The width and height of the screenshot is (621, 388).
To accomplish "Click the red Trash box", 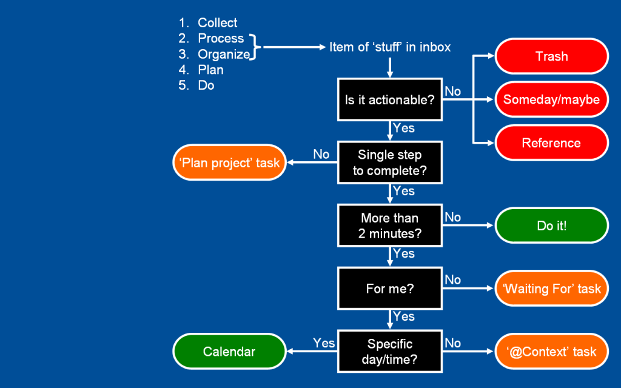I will [x=551, y=56].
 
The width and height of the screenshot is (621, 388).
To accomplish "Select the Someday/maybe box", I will [x=551, y=99].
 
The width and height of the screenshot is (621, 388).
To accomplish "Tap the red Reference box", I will [x=551, y=143].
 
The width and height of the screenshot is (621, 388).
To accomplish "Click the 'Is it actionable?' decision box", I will [x=390, y=99].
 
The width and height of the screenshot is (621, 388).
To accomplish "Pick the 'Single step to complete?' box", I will [x=390, y=162].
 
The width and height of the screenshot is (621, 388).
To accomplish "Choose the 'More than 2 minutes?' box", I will [x=390, y=226].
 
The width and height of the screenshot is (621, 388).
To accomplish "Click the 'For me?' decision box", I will [x=390, y=289].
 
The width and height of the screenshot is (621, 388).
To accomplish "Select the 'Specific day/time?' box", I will [x=390, y=352].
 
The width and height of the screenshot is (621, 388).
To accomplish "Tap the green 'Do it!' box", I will [x=551, y=226].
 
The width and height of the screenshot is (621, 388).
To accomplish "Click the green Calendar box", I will [x=229, y=352].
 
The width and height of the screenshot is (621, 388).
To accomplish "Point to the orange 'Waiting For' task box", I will [x=551, y=289].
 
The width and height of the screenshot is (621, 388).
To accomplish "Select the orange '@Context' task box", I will [x=551, y=352].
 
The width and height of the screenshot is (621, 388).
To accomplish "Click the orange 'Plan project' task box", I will [x=229, y=162].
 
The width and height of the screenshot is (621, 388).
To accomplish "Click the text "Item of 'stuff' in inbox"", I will [x=390, y=47].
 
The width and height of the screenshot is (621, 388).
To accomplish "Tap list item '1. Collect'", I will [x=209, y=23].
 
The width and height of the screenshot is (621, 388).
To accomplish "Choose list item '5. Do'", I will [x=197, y=85].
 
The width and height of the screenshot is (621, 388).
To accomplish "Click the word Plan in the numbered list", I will [x=210, y=70].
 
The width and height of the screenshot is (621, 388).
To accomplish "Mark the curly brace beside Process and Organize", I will [x=256, y=47].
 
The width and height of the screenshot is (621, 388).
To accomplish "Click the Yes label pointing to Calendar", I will [x=324, y=343].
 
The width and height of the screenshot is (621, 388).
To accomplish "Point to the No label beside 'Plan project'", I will [x=321, y=155].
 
